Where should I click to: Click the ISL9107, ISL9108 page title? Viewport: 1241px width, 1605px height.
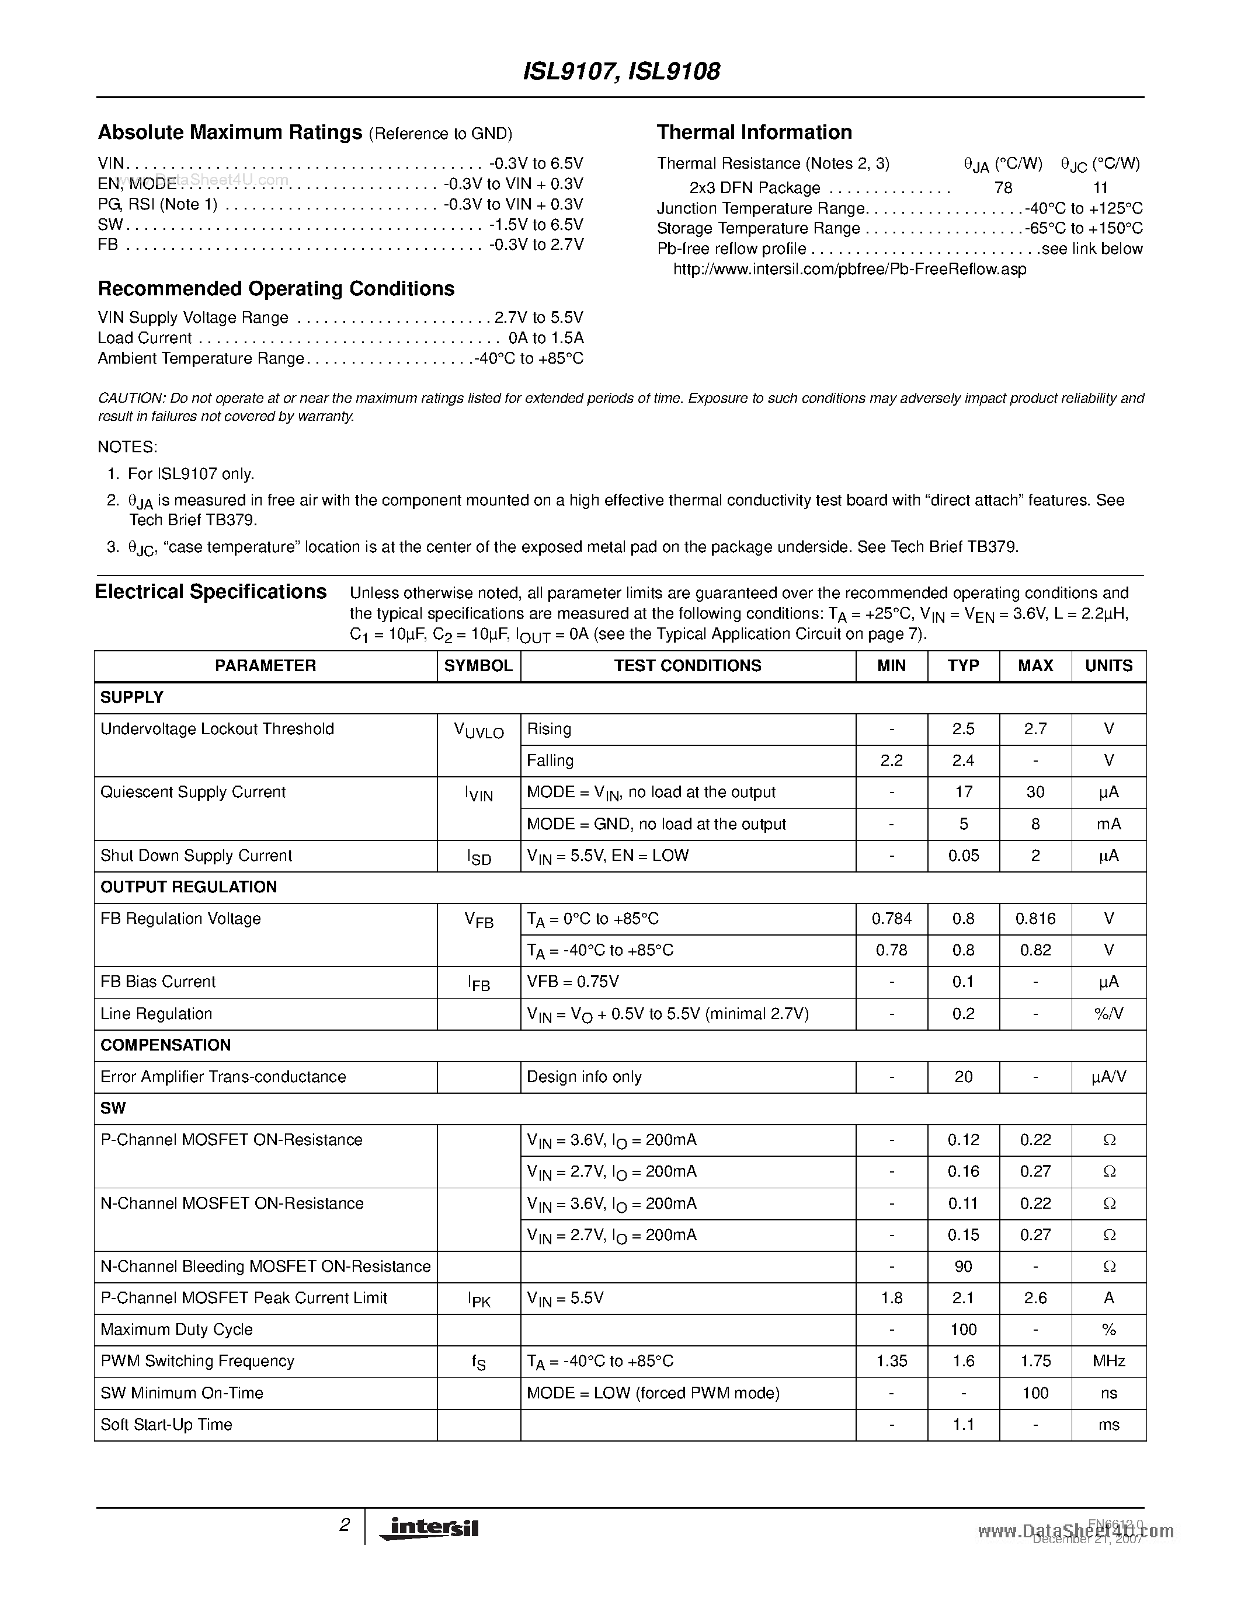(621, 71)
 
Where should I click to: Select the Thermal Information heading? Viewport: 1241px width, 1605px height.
(755, 132)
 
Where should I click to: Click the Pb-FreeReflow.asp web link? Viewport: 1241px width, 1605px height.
(849, 269)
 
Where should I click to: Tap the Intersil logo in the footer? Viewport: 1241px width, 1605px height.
(429, 1528)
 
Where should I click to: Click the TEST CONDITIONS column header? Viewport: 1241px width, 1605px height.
(687, 666)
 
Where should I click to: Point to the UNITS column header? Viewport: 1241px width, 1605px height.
(1108, 666)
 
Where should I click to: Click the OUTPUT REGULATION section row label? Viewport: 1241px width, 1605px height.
(188, 887)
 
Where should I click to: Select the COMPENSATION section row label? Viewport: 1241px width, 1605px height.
(165, 1045)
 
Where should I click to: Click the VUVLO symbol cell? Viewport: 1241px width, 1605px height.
(479, 731)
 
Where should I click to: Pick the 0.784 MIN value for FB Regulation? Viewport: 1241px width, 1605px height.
(891, 919)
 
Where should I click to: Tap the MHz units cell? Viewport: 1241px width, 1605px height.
(1108, 1361)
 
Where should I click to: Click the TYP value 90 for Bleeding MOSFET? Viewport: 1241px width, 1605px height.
(962, 1266)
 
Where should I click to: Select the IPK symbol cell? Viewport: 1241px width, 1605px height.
(479, 1299)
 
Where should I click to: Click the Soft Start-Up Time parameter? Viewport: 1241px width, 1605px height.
(166, 1424)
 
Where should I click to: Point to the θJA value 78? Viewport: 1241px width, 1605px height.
(1003, 187)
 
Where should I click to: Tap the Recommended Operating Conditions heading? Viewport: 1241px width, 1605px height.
(276, 289)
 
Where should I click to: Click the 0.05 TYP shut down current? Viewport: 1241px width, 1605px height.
(962, 856)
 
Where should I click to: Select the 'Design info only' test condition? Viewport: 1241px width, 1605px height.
(584, 1077)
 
